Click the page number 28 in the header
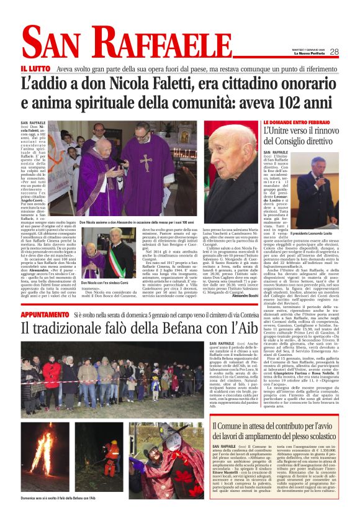click(x=334, y=52)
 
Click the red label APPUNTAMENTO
click(x=44, y=316)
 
